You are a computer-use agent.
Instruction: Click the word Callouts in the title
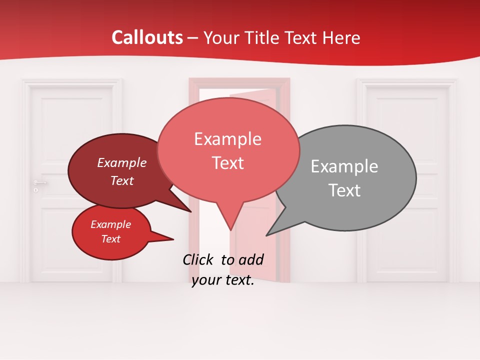(x=147, y=37)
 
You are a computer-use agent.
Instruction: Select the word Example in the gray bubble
(x=344, y=166)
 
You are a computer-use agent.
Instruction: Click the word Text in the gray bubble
(x=344, y=190)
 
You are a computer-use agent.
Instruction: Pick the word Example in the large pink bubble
(x=227, y=139)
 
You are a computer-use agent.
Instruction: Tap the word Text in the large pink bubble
(x=227, y=163)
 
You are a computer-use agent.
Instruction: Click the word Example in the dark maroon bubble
(x=121, y=162)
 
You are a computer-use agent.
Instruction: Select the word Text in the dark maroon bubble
(x=121, y=180)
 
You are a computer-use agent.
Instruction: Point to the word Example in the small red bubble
(x=110, y=224)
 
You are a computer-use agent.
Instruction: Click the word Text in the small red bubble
(x=110, y=239)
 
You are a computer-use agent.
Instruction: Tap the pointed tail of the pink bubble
(x=230, y=225)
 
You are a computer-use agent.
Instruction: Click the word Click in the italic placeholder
(x=198, y=259)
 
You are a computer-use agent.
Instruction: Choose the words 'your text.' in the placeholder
(x=223, y=280)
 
